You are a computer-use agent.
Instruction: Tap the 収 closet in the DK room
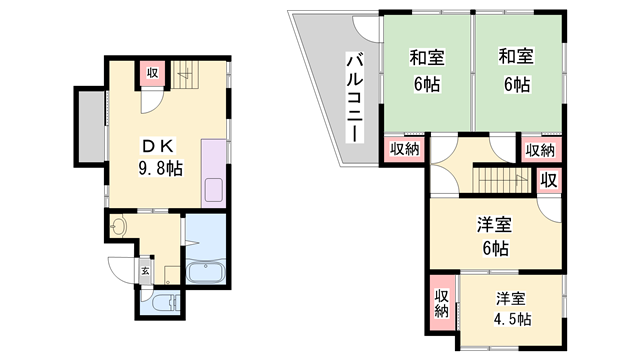coord(152,73)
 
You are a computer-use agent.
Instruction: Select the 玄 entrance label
coord(146,270)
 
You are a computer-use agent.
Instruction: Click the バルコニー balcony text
coord(353,96)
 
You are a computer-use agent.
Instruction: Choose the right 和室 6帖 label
coord(516,71)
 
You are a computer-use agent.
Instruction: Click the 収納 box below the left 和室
coord(404,150)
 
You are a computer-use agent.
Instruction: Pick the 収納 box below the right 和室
coord(540,150)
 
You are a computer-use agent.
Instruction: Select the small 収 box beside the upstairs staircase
coord(548,180)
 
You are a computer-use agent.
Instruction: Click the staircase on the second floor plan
coord(500,181)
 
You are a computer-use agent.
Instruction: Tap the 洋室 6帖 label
coord(492,236)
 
